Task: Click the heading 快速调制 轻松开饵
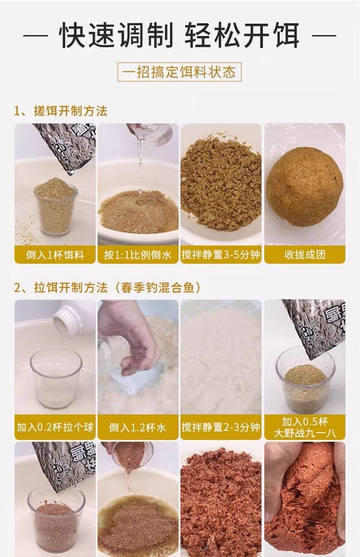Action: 180,35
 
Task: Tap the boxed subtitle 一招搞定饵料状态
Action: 180,72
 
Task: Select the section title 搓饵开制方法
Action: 71,111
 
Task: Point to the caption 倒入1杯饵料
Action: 55,255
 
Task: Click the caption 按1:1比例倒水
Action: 138,255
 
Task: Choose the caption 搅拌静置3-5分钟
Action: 221,255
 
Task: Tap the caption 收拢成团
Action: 305,255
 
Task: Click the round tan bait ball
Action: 305,187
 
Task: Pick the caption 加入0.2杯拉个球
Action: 55,427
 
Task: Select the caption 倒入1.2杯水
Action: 137,427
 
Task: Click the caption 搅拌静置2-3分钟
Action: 221,427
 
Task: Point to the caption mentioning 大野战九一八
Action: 305,427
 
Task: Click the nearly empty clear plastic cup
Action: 56,378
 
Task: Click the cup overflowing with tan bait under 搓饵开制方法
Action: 56,207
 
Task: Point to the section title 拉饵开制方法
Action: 71,288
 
